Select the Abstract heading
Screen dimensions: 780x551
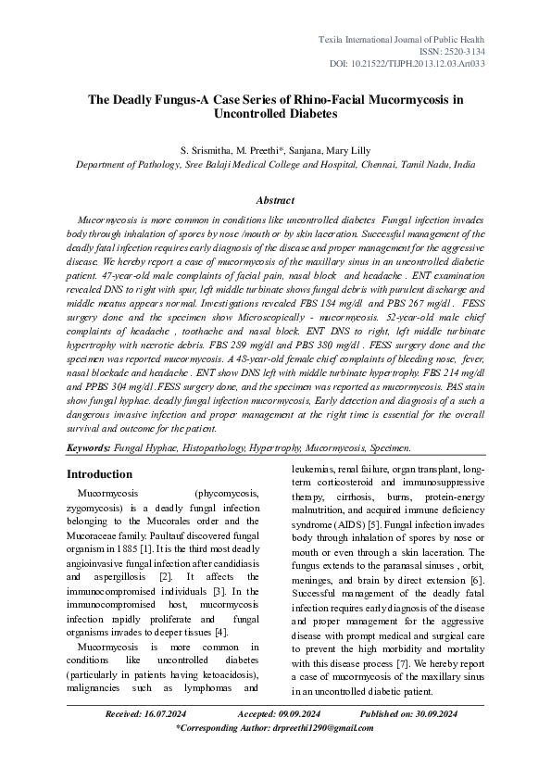point(275,200)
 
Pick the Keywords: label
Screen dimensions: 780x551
point(88,447)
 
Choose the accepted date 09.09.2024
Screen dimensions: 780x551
point(292,714)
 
